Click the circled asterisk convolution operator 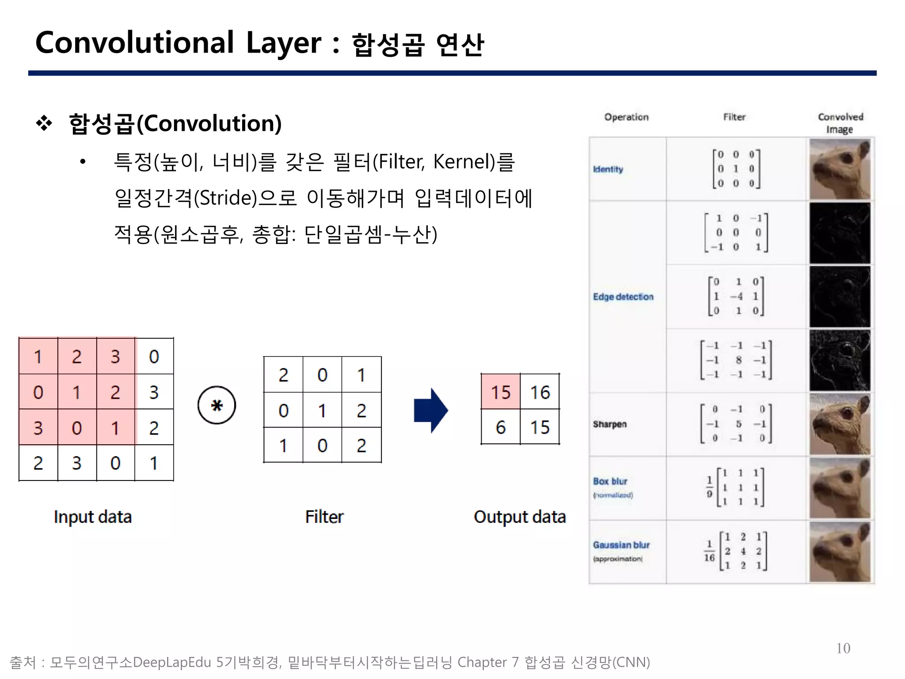click(217, 405)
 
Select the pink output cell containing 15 click(501, 392)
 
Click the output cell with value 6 click(501, 427)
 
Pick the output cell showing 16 click(540, 392)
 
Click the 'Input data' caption click(93, 517)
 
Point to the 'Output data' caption click(520, 517)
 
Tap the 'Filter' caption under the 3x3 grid click(324, 517)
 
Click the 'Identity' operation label click(608, 169)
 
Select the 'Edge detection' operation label click(623, 297)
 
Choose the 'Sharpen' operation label click(610, 424)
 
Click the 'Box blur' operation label click(610, 481)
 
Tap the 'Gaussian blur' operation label click(621, 545)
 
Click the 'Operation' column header click(627, 117)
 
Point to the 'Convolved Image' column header click(840, 123)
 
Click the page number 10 click(843, 648)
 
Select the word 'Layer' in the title click(284, 43)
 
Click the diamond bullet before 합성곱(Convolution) click(44, 123)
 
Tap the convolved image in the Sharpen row click(840, 424)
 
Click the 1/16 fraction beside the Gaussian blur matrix click(709, 551)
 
